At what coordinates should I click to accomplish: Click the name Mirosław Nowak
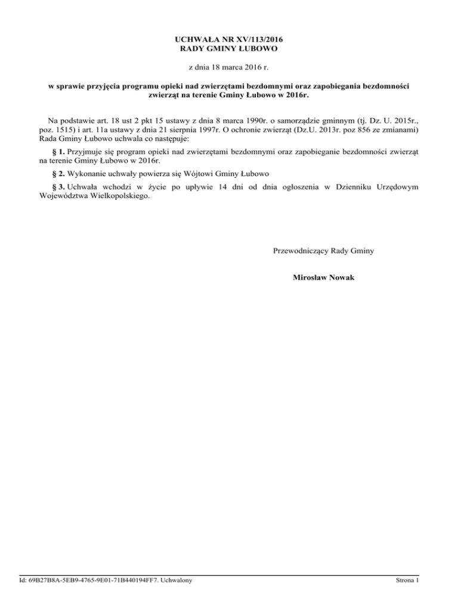tap(323, 277)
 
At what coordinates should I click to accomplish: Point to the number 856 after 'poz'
tap(361, 129)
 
